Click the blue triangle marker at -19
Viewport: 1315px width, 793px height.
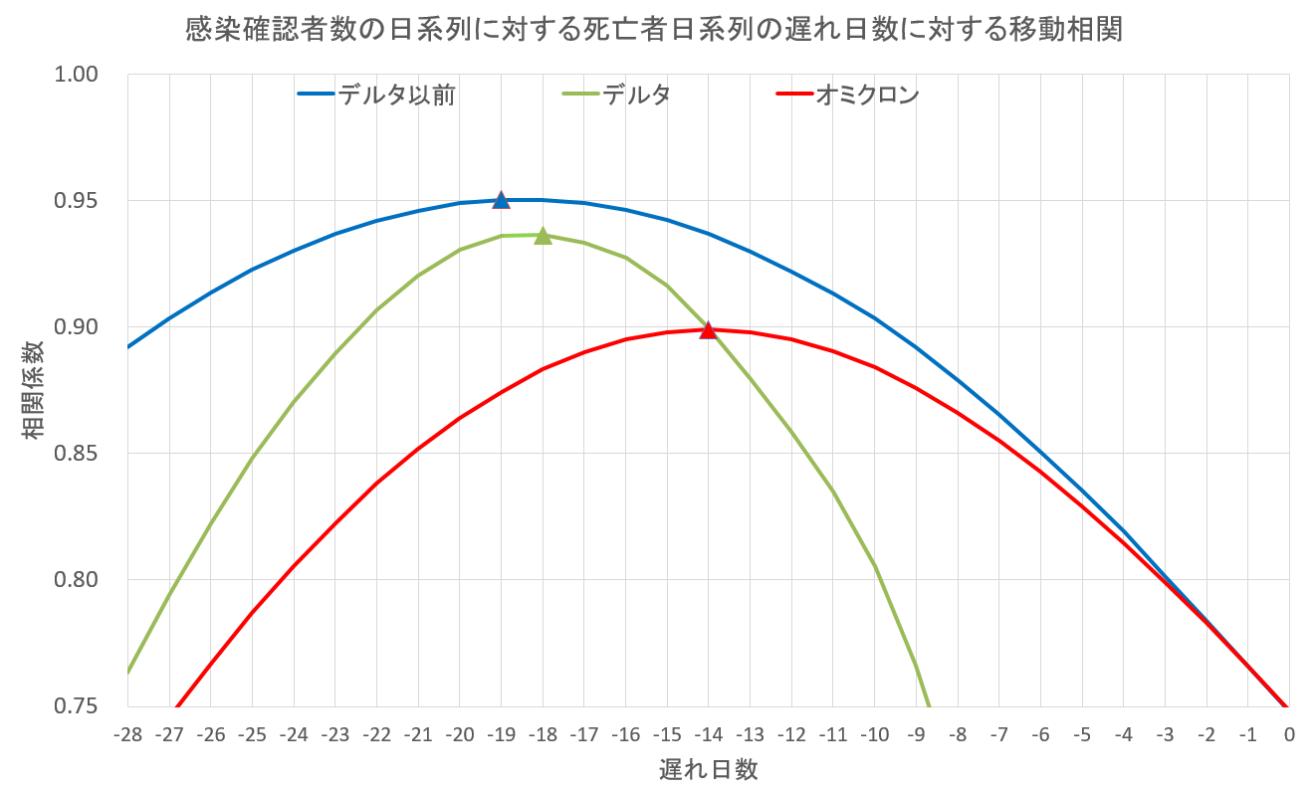pyautogui.click(x=501, y=200)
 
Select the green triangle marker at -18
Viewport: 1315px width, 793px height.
pyautogui.click(x=543, y=236)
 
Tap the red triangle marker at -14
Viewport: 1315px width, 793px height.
pyautogui.click(x=708, y=329)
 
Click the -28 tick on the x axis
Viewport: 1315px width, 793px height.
pyautogui.click(x=128, y=735)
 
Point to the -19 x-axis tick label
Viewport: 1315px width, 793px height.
pyautogui.click(x=501, y=735)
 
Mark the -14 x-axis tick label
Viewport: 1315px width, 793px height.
pyautogui.click(x=708, y=735)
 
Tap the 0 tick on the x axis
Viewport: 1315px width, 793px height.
pyautogui.click(x=1288, y=735)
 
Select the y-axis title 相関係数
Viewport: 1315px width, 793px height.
pyautogui.click(x=32, y=390)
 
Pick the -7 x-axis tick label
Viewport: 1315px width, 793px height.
pyautogui.click(x=998, y=735)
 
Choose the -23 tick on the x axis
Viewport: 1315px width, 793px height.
pyautogui.click(x=335, y=735)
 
